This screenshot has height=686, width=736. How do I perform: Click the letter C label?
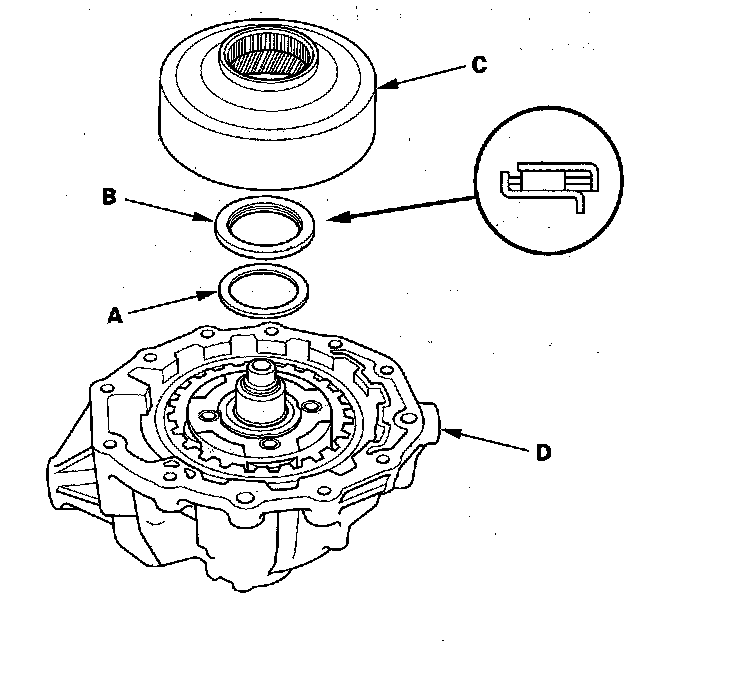click(x=479, y=64)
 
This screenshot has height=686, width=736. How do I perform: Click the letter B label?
click(x=109, y=196)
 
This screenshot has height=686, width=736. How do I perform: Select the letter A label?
click(x=115, y=315)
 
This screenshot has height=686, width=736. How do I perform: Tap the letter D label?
click(x=544, y=452)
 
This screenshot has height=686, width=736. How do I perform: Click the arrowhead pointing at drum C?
click(x=386, y=84)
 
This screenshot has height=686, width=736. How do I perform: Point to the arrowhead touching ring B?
click(x=204, y=217)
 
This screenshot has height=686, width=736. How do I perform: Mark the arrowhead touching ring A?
click(x=208, y=295)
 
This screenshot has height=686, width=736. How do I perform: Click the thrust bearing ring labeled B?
click(x=264, y=242)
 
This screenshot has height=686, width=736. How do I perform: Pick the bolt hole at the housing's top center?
click(x=271, y=331)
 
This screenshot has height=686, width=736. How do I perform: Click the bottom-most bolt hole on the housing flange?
click(x=243, y=497)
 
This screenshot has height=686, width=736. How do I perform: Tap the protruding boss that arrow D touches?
click(x=431, y=422)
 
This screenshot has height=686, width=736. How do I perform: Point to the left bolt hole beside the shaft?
click(x=206, y=415)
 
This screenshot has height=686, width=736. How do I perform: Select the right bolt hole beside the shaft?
click(x=310, y=406)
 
